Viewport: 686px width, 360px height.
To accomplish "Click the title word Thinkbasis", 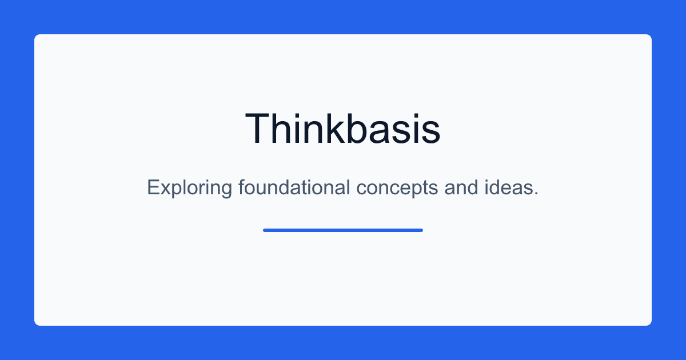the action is pos(342,128).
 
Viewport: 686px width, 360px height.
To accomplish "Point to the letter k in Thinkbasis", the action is pos(335,128).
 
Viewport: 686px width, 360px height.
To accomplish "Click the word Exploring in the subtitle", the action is pos(190,187).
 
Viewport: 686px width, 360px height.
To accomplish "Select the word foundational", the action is pos(294,187).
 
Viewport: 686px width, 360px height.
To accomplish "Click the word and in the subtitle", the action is pos(461,187).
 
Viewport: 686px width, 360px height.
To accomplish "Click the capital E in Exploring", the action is pos(153,187).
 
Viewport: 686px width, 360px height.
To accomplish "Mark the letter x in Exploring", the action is pos(166,189).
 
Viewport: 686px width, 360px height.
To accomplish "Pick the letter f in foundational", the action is pos(242,187).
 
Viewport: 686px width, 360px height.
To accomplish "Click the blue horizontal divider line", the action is pos(343,230).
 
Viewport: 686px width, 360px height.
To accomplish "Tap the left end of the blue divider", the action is pos(264,230).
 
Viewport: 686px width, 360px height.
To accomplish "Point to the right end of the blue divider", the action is pos(422,230).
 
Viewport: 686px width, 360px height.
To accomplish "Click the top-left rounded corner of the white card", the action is pos(36,36).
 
